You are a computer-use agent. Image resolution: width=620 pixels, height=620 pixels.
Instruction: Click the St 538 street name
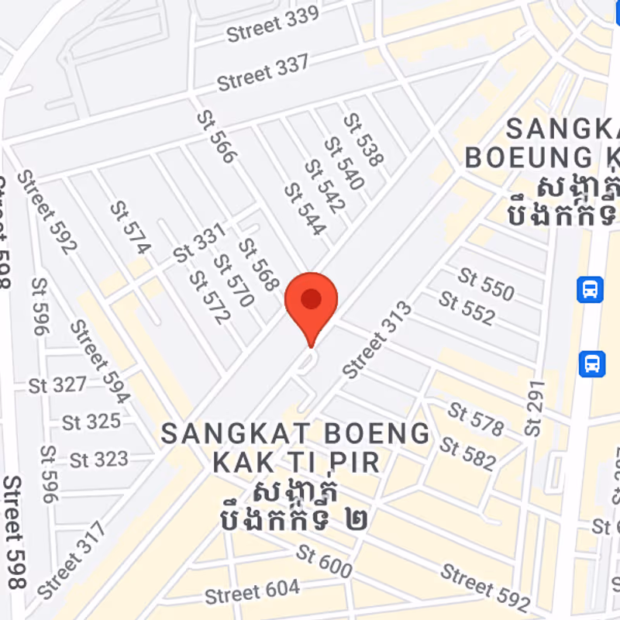click(x=363, y=140)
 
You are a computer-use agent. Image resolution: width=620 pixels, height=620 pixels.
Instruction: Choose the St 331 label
click(x=199, y=243)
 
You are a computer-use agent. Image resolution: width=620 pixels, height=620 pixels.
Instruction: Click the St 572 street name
click(x=210, y=297)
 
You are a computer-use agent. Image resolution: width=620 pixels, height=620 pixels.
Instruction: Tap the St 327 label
click(x=57, y=384)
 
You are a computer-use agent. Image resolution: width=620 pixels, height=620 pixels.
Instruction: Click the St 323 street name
click(x=98, y=459)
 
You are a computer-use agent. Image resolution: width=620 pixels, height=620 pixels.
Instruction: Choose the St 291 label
click(x=536, y=407)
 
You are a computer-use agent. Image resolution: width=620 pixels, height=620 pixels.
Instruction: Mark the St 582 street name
click(x=467, y=453)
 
